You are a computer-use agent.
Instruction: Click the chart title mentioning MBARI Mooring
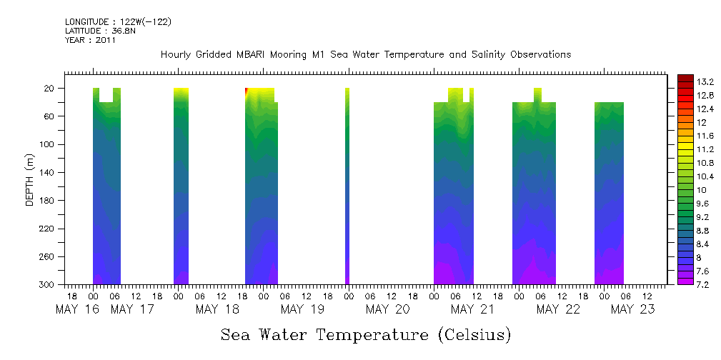pyautogui.click(x=366, y=55)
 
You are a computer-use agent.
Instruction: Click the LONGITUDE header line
pyautogui.click(x=118, y=22)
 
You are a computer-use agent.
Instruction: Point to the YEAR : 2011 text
pyautogui.click(x=90, y=40)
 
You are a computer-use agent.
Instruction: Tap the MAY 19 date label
pyautogui.click(x=303, y=309)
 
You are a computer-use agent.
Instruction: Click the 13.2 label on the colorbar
pyautogui.click(x=685, y=81)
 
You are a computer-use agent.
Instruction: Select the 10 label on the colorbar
pyautogui.click(x=682, y=190)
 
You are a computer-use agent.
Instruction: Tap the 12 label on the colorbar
pyautogui.click(x=682, y=122)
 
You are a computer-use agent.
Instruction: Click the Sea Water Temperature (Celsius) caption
pyautogui.click(x=366, y=334)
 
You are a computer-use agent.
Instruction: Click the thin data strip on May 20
pyautogui.click(x=347, y=186)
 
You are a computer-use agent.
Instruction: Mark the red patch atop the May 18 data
pyautogui.click(x=247, y=90)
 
